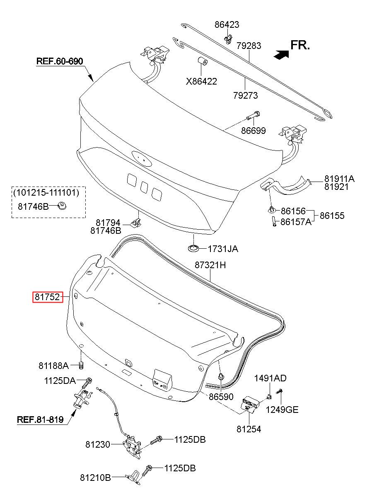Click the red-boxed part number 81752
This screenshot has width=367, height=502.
[x=48, y=297]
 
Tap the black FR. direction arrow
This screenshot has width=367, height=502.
[x=281, y=54]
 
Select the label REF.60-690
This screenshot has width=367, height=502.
[x=60, y=61]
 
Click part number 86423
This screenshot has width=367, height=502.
[x=227, y=24]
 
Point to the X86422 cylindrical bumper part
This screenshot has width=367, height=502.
[x=202, y=61]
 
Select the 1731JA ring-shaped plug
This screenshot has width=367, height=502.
[x=193, y=248]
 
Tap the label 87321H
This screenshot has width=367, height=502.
[x=210, y=265]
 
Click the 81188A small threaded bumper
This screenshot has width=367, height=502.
[x=82, y=366]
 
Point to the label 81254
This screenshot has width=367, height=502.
[x=249, y=429]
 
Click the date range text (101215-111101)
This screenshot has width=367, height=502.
[x=46, y=193]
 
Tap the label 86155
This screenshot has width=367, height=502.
[x=332, y=216]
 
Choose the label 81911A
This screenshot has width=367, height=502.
[x=340, y=179]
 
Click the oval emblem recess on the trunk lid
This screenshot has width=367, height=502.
[x=142, y=158]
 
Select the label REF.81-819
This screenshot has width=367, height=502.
[x=40, y=420]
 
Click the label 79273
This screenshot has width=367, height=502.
[x=245, y=95]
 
